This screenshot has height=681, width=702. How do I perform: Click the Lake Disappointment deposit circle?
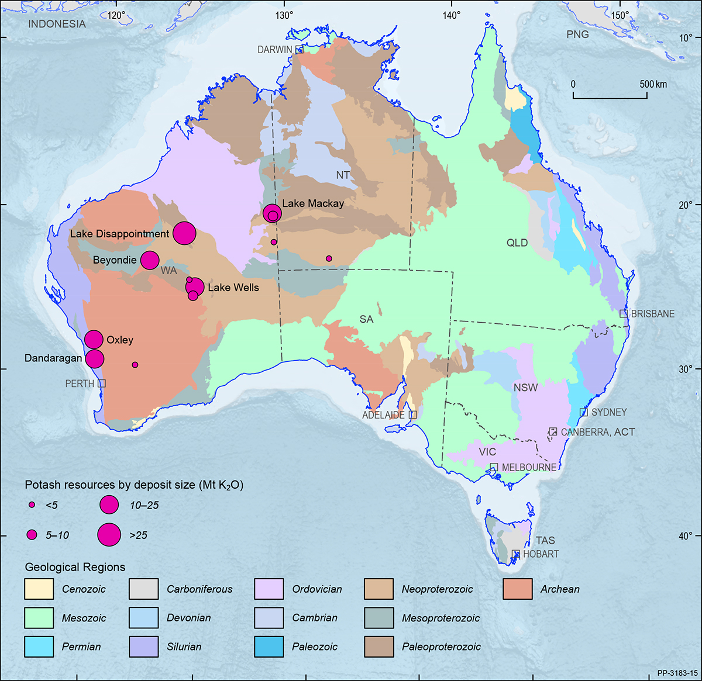pos(184,234)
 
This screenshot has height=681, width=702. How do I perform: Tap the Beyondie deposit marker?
pos(150,260)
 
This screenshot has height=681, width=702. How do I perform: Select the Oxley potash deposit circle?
pos(94,339)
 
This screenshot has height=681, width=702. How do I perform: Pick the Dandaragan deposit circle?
pos(95,358)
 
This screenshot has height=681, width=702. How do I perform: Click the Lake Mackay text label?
pos(313,203)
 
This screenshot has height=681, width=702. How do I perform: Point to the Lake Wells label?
pos(233,288)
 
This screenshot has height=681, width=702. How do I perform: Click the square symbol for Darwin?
pos(299,50)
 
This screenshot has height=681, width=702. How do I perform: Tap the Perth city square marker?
pos(102,383)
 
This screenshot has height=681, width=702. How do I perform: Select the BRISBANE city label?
pos(652,314)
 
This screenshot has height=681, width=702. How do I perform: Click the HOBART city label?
pos(541,554)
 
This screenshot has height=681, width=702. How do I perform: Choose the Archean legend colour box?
pos(517,589)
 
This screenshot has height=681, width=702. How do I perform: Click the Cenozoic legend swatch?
pos(39,589)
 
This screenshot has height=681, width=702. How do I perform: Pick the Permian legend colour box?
pos(39,647)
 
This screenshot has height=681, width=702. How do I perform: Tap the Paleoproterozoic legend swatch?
pos(378,647)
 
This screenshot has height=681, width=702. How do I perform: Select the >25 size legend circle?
pos(109,534)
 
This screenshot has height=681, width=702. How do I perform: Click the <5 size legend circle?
pos(32,504)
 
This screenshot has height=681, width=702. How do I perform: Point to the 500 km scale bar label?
pos(653,84)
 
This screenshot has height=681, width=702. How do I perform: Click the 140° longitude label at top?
pos(451,15)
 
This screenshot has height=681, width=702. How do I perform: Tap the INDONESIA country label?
pos(57,24)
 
